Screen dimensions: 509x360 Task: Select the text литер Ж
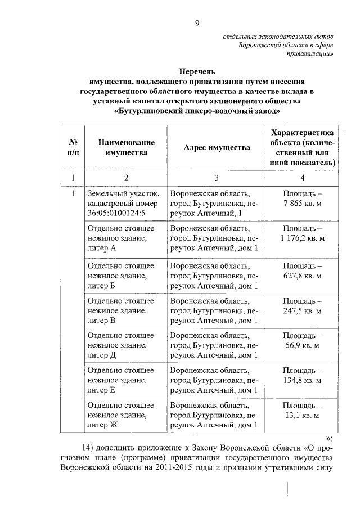point(103,425)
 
